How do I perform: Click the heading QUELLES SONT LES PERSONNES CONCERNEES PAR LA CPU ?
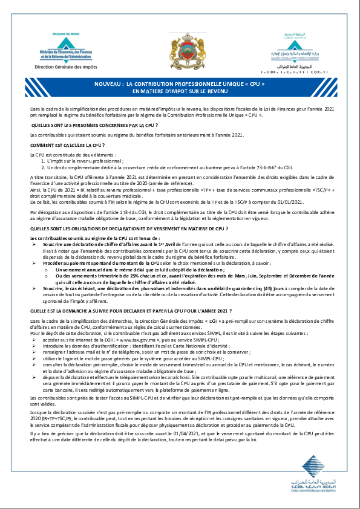coord(94,125)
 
